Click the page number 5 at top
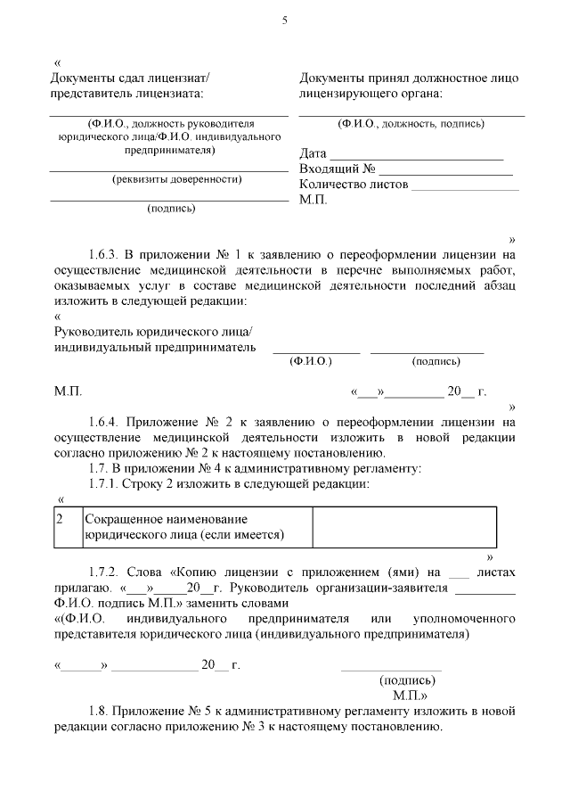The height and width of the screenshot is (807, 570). click(284, 21)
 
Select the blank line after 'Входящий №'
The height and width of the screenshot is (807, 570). click(446, 172)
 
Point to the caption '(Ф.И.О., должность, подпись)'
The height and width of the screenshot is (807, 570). click(411, 124)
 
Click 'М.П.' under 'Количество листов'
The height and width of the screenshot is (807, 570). click(313, 200)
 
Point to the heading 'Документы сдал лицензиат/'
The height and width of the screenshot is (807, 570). click(135, 78)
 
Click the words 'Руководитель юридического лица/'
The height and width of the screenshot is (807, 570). click(153, 332)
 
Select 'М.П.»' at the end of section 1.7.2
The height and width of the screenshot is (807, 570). click(410, 694)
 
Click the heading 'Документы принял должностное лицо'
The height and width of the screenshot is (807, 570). click(408, 78)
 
